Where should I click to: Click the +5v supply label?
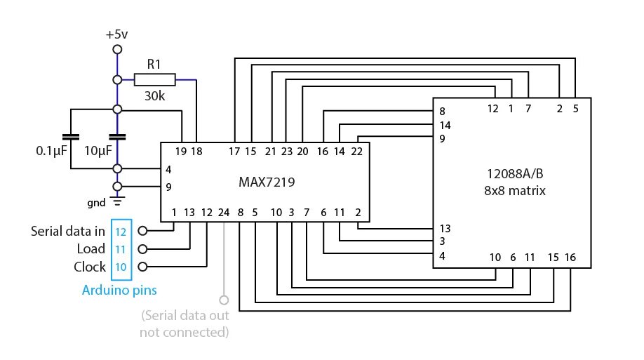pos(117,34)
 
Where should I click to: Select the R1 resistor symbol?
pos(154,79)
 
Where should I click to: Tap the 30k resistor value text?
pos(154,95)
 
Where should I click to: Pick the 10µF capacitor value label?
pos(98,151)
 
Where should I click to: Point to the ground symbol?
pos(117,201)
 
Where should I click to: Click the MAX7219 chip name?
pos(266,182)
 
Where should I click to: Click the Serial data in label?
pos(68,231)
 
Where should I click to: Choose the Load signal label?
pos(91,248)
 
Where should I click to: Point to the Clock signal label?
pos(90,267)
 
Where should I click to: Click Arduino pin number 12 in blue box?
pos(121,231)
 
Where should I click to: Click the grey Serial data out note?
pos(185,323)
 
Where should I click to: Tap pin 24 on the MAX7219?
pos(224,212)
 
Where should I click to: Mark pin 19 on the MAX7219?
pos(182,151)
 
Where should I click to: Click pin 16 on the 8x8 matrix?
pos(570,258)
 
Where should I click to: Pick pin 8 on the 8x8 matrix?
pos(442,112)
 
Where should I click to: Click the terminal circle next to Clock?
pos(143,267)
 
